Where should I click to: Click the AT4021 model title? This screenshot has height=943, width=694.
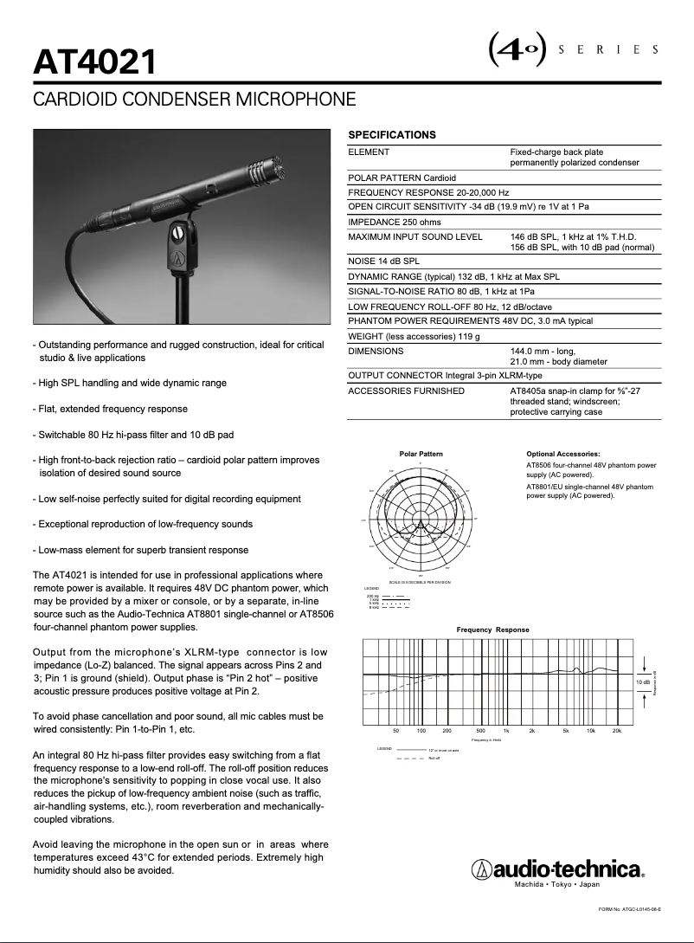click(x=95, y=61)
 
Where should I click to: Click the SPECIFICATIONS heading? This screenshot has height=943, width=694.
click(x=391, y=135)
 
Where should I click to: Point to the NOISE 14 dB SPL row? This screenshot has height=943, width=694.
click(x=383, y=261)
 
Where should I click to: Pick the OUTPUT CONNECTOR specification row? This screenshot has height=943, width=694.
click(x=445, y=375)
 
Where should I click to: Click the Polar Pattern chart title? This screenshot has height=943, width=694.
click(x=421, y=454)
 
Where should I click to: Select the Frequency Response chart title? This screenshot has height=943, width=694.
click(x=492, y=630)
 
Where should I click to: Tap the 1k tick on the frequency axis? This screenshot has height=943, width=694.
click(x=506, y=732)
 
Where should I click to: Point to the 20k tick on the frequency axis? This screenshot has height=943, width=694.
click(x=616, y=732)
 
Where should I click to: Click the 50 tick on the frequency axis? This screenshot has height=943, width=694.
click(x=396, y=732)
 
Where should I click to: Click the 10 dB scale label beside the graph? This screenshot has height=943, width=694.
click(x=642, y=682)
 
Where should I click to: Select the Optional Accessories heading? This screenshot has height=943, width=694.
click(x=562, y=454)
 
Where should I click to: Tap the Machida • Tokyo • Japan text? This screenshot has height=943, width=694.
click(x=556, y=884)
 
